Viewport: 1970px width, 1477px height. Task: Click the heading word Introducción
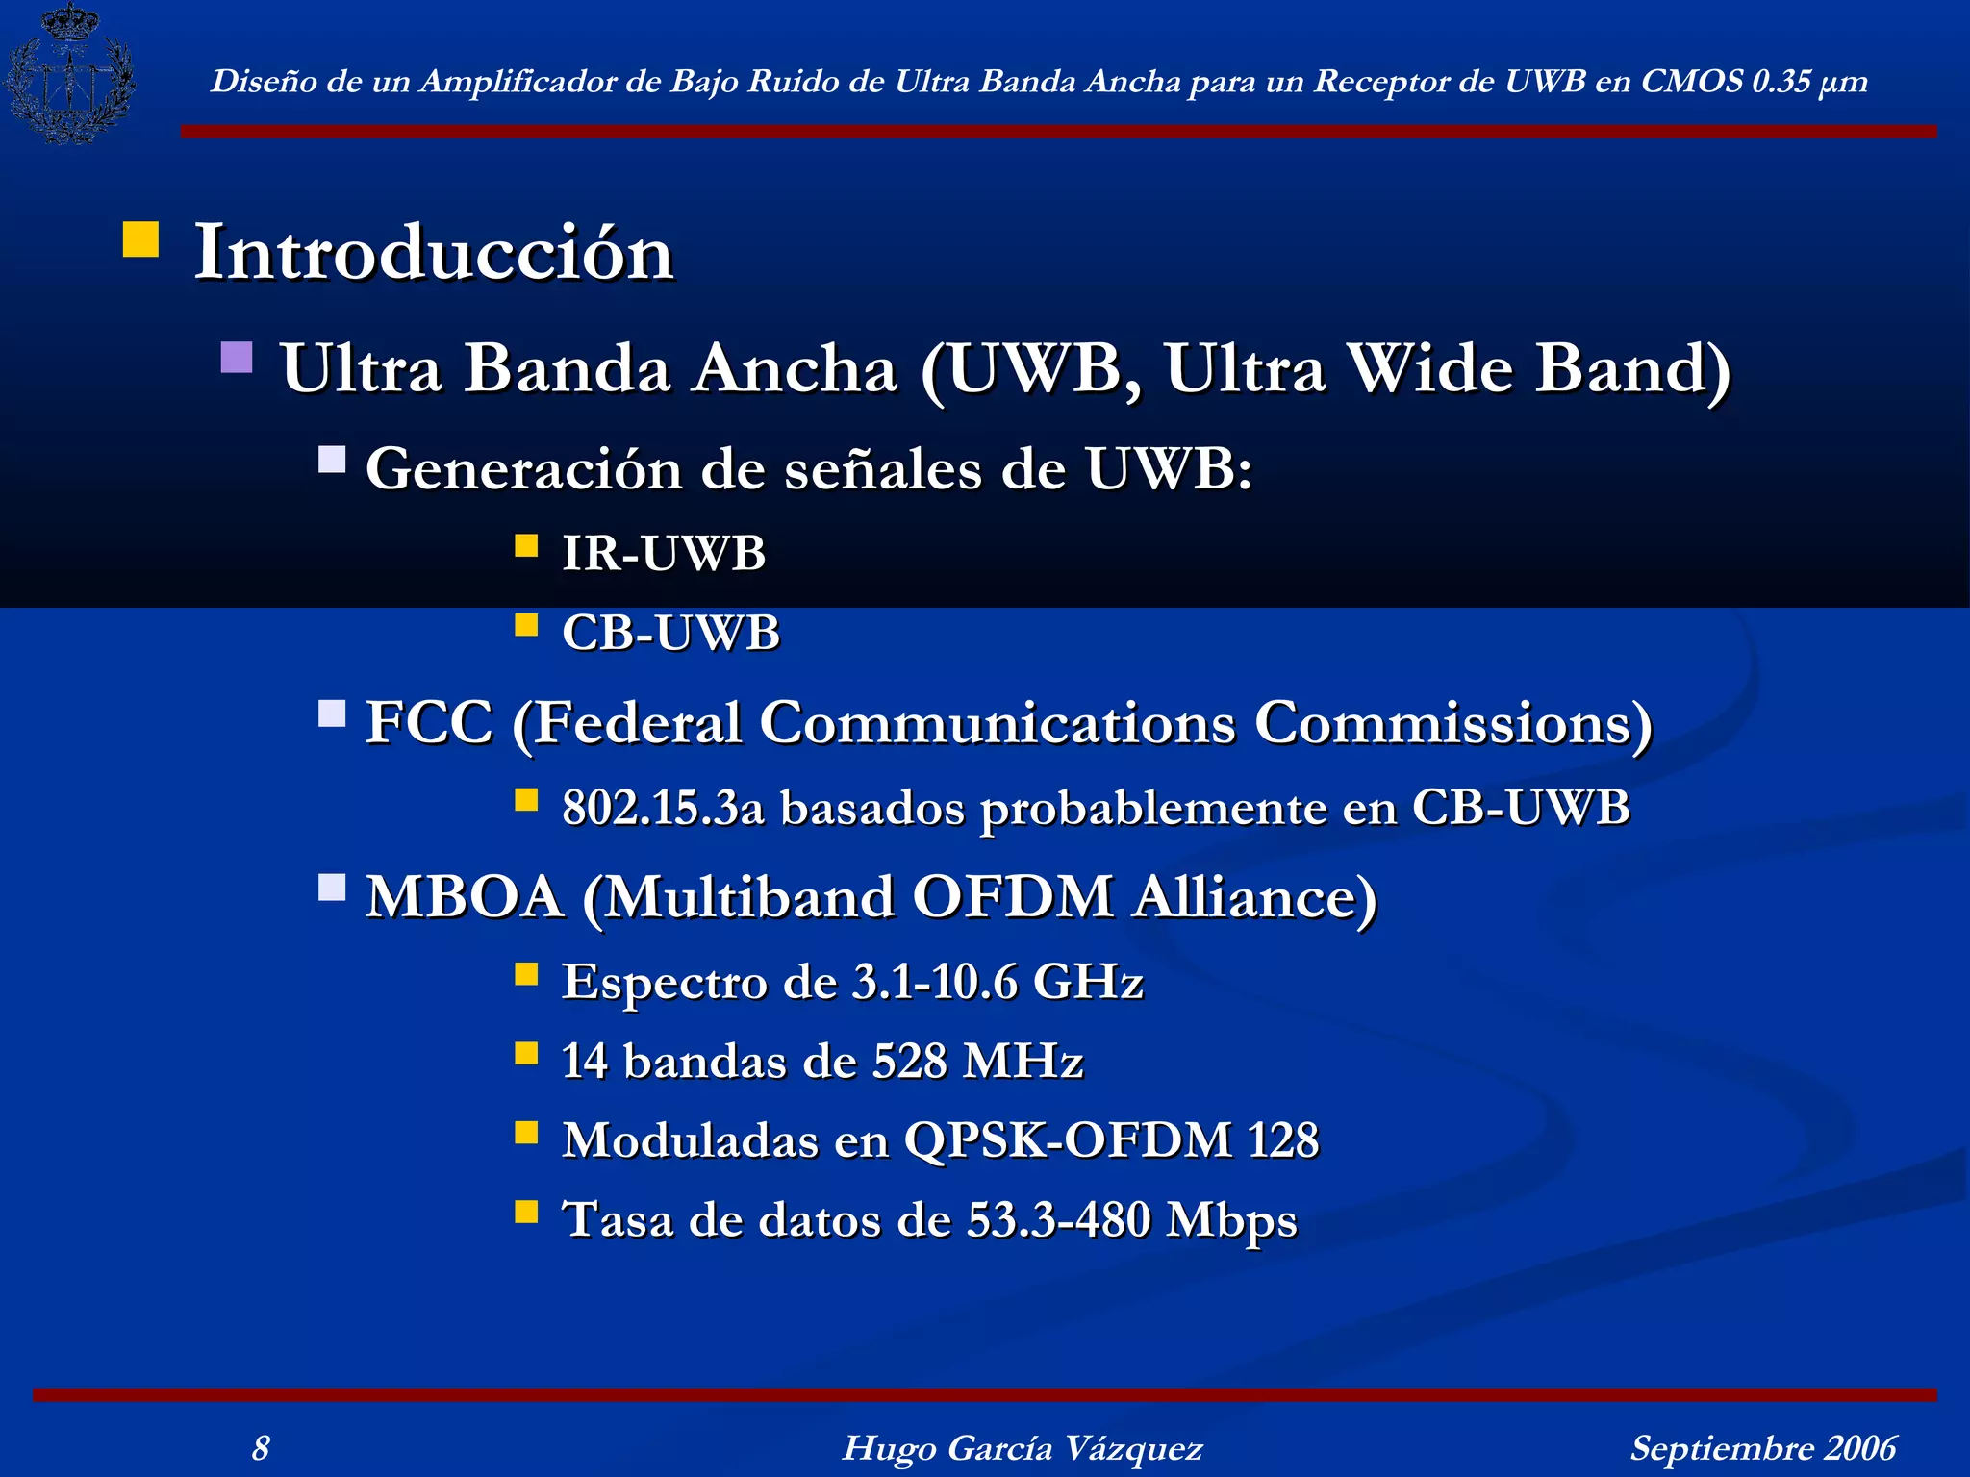(434, 253)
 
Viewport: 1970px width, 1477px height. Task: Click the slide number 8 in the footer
(261, 1447)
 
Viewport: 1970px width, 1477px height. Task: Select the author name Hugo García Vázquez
(1022, 1447)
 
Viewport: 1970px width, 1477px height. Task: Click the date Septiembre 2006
(1762, 1447)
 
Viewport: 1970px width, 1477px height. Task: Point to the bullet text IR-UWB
(664, 554)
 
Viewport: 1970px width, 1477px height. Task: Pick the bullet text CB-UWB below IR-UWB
(670, 633)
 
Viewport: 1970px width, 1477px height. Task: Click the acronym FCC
(429, 722)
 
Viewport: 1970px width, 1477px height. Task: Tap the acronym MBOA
(465, 897)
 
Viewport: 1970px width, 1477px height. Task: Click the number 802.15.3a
(663, 808)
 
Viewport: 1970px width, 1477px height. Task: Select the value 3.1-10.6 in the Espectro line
(934, 983)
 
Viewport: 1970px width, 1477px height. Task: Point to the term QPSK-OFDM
(1068, 1140)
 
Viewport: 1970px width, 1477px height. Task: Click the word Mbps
(1231, 1220)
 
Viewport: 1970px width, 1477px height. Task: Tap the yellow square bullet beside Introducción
(141, 239)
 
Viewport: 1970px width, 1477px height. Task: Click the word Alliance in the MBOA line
(1254, 897)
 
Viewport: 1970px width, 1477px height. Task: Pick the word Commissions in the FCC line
(1452, 722)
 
